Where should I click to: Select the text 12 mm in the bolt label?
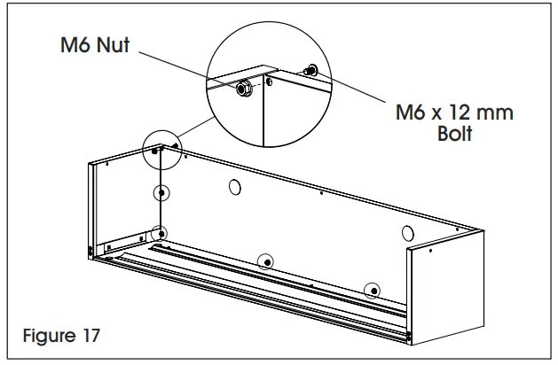coord(483,114)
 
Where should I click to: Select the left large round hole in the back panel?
coord(235,187)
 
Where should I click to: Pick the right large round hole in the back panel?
coord(407,233)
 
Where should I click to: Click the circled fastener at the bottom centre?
coord(265,260)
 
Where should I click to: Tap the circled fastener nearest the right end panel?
coord(373,290)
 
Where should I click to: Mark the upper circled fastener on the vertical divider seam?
coord(161,193)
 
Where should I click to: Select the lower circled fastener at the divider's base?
coord(159,234)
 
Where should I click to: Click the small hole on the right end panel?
coord(430,252)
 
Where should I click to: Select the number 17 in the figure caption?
coord(89,337)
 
